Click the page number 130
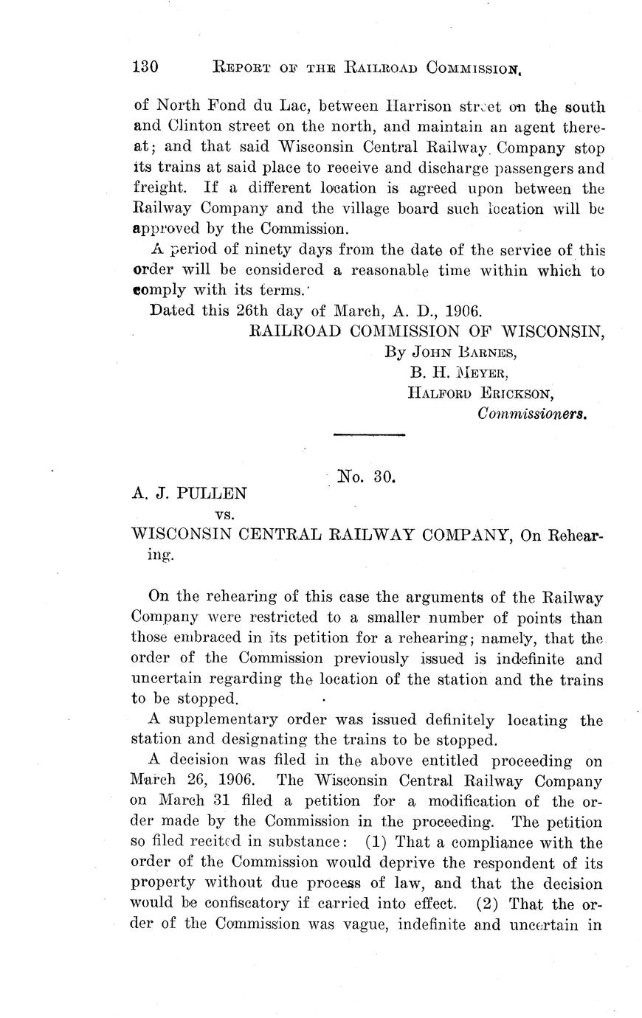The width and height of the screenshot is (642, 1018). [x=144, y=67]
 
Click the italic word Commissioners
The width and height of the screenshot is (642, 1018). [x=531, y=414]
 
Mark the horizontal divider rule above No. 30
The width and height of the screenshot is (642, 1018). [x=369, y=435]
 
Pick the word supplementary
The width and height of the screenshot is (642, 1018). [x=236, y=719]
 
